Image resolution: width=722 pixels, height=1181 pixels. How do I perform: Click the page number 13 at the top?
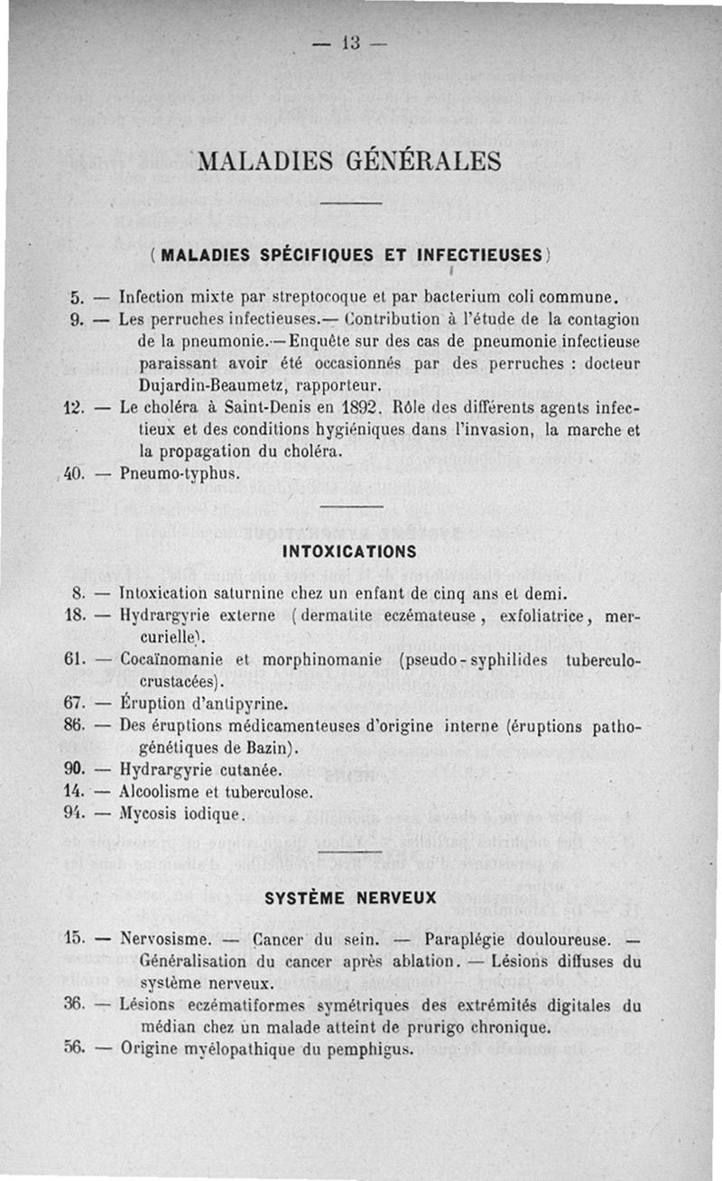tap(352, 42)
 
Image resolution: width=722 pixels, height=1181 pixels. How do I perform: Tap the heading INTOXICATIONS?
tap(349, 551)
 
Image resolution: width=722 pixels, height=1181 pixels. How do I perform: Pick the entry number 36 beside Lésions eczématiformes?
tap(75, 1006)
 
